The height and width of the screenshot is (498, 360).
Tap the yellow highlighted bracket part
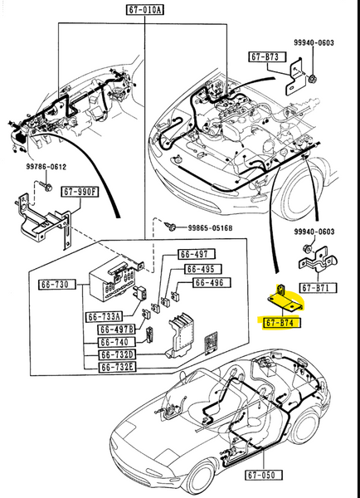pyautogui.click(x=280, y=296)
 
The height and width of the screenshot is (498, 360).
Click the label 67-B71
pyautogui.click(x=316, y=288)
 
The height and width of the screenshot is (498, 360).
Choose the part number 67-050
pyautogui.click(x=264, y=476)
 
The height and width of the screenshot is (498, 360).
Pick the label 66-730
pyautogui.click(x=57, y=285)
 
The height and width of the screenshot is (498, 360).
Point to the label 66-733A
pyautogui.click(x=104, y=315)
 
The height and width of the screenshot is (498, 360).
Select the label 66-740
pyautogui.click(x=116, y=342)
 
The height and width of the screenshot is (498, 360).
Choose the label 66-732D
pyautogui.click(x=118, y=354)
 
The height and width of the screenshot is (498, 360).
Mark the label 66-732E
pyautogui.click(x=118, y=366)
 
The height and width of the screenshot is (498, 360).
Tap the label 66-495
pyautogui.click(x=200, y=269)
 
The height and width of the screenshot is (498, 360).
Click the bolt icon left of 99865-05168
pyautogui.click(x=173, y=224)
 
